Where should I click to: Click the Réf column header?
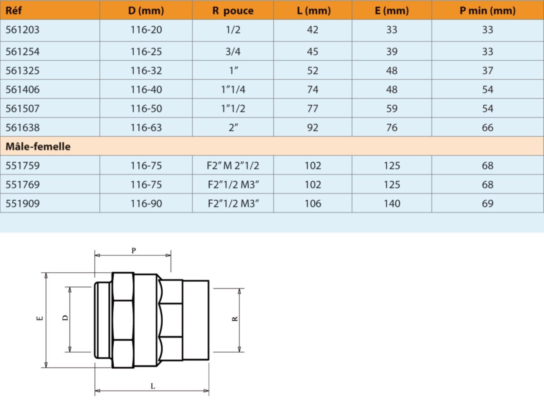point(13,10)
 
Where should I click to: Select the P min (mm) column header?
point(487,10)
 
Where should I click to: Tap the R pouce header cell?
point(233,10)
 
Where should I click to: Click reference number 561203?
point(23,30)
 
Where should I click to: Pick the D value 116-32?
point(146,71)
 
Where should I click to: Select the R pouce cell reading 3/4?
point(233,52)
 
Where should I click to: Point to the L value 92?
point(313,128)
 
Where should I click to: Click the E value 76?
point(392,128)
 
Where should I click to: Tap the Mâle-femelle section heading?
point(38,147)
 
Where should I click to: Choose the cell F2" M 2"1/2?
point(233,166)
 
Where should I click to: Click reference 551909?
point(23,204)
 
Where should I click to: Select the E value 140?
point(392,204)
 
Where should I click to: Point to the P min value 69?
point(487,204)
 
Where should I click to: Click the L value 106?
point(313,204)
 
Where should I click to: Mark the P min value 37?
point(487,71)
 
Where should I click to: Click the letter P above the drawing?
point(133,250)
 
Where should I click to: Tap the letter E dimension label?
point(40,319)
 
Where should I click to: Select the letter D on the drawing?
point(65,318)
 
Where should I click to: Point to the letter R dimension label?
point(235,319)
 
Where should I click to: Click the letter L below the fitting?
point(153,386)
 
